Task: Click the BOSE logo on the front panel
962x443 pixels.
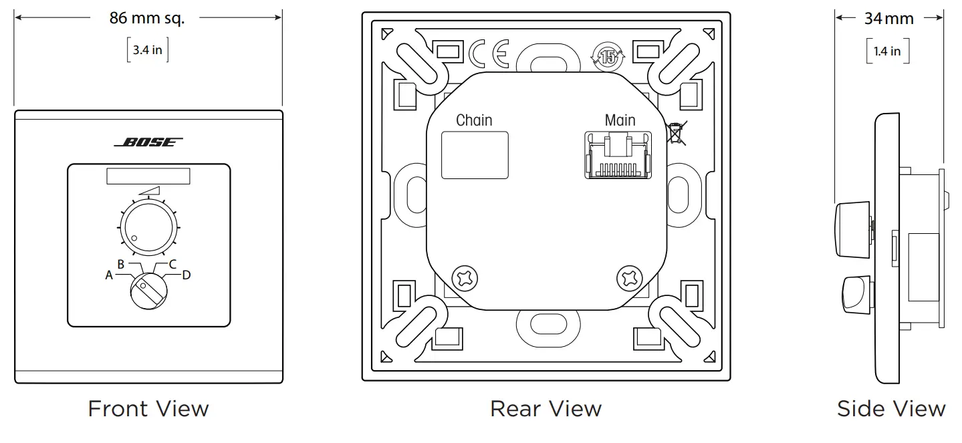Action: pyautogui.click(x=148, y=142)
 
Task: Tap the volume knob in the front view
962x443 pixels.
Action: pyautogui.click(x=148, y=228)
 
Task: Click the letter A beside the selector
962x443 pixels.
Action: pyautogui.click(x=109, y=275)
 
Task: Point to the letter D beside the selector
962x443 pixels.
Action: pyautogui.click(x=187, y=275)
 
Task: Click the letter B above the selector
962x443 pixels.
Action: pyautogui.click(x=121, y=264)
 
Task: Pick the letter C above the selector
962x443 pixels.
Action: pyautogui.click(x=172, y=264)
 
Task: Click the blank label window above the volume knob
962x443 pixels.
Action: pyautogui.click(x=148, y=176)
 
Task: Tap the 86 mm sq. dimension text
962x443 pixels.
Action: pyautogui.click(x=147, y=18)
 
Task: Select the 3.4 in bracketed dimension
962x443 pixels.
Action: pyautogui.click(x=148, y=51)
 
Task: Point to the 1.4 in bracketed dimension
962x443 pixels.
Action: pyautogui.click(x=887, y=51)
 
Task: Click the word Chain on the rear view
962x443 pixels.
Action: pyautogui.click(x=474, y=120)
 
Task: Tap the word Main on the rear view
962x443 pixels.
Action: pyautogui.click(x=620, y=120)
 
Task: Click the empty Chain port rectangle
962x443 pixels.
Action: pyautogui.click(x=475, y=155)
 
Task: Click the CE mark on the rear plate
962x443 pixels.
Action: pyautogui.click(x=488, y=54)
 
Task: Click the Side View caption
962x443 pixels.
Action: pyautogui.click(x=890, y=408)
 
